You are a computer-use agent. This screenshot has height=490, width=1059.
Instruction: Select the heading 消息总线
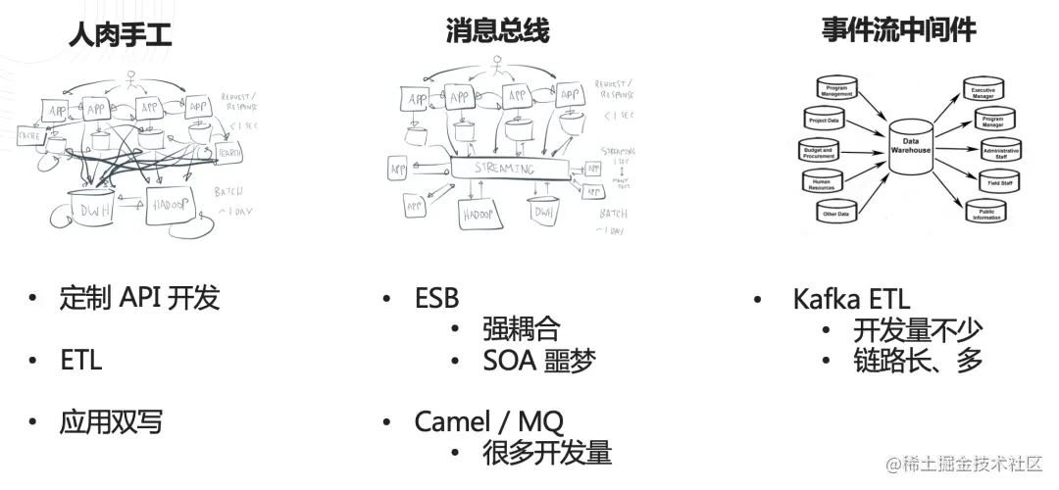pyautogui.click(x=497, y=31)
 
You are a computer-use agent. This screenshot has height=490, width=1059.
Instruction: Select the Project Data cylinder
pyautogui.click(x=824, y=120)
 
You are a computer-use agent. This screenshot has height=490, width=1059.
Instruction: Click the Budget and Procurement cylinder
pyautogui.click(x=818, y=152)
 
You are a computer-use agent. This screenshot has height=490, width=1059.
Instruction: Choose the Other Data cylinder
pyautogui.click(x=835, y=212)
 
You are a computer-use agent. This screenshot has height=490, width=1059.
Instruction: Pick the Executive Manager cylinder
pyautogui.click(x=983, y=90)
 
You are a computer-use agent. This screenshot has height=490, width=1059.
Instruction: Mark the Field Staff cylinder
pyautogui.click(x=993, y=180)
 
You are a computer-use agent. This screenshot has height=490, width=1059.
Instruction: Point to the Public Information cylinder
pyautogui.click(x=984, y=212)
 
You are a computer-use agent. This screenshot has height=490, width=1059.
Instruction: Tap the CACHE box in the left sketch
pyautogui.click(x=29, y=136)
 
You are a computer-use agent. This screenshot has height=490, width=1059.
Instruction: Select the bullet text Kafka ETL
pyautogui.click(x=851, y=299)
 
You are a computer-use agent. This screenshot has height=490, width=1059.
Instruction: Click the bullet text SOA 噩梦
pyautogui.click(x=538, y=361)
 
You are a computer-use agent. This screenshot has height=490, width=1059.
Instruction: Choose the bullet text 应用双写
pyautogui.click(x=111, y=421)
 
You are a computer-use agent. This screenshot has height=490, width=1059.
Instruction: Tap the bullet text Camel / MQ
pyautogui.click(x=488, y=421)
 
